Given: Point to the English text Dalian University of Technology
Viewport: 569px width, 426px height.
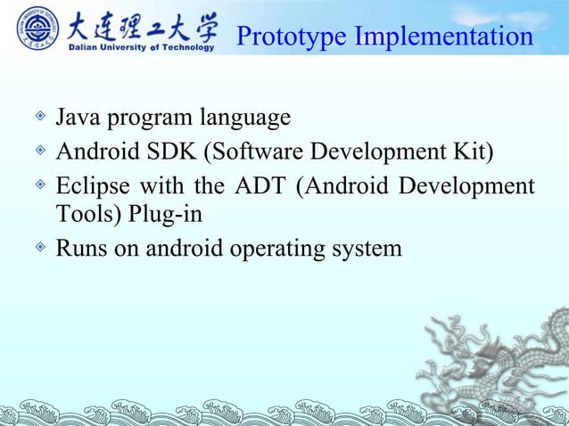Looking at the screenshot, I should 142,48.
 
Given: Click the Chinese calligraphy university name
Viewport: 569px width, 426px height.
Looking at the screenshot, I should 143,24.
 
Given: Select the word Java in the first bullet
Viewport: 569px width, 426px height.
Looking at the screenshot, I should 77,118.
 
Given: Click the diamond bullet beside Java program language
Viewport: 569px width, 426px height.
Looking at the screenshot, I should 38,117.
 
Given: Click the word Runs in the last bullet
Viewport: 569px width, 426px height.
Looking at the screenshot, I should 79,249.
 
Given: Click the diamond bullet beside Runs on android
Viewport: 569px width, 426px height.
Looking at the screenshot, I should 38,248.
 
